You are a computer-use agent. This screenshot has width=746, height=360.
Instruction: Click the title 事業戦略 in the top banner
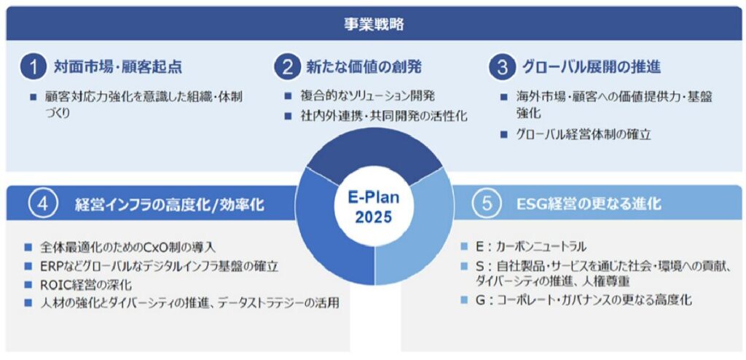click(374, 24)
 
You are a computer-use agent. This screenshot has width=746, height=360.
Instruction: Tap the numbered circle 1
click(33, 67)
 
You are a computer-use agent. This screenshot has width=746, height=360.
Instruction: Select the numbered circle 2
click(288, 67)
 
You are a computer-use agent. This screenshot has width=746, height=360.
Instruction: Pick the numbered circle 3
click(503, 67)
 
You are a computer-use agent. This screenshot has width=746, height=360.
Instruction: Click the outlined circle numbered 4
click(42, 203)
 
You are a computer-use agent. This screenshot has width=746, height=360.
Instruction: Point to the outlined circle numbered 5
click(485, 203)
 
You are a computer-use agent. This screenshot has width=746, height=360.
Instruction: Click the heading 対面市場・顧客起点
click(119, 67)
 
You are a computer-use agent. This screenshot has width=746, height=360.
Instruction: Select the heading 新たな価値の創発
click(364, 67)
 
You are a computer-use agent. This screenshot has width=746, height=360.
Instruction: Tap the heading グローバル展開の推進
click(591, 67)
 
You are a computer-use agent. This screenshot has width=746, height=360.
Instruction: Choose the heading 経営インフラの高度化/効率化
click(169, 204)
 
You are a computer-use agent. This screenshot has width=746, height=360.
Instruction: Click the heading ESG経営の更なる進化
click(589, 204)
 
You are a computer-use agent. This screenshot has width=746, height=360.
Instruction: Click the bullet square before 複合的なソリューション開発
click(287, 96)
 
